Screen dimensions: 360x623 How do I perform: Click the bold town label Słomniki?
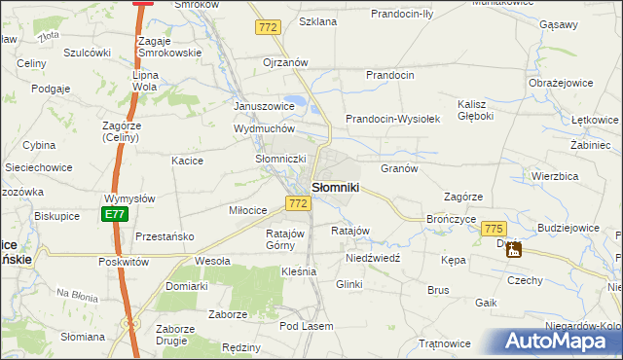coord(336,187)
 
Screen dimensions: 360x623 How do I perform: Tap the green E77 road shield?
coord(115,214)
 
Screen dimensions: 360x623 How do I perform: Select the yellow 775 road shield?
coord(494,227)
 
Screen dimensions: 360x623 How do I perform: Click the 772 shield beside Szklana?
coord(269,28)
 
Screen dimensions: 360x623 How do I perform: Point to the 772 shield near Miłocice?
coord(299,203)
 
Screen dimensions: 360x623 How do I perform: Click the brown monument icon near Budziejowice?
coord(514,250)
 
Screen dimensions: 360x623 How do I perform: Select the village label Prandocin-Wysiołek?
coord(394,119)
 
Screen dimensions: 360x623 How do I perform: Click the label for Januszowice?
coord(264,106)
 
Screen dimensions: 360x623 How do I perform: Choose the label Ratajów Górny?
coord(286,239)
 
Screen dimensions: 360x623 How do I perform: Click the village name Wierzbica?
coord(556,176)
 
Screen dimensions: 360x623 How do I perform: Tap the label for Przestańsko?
coord(165,236)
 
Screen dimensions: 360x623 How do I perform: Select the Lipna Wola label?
coord(145,80)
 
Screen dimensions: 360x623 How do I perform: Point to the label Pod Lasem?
coord(307,326)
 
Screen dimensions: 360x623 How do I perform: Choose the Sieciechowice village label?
coord(38,167)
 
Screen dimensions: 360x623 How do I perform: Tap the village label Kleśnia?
coord(298,271)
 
